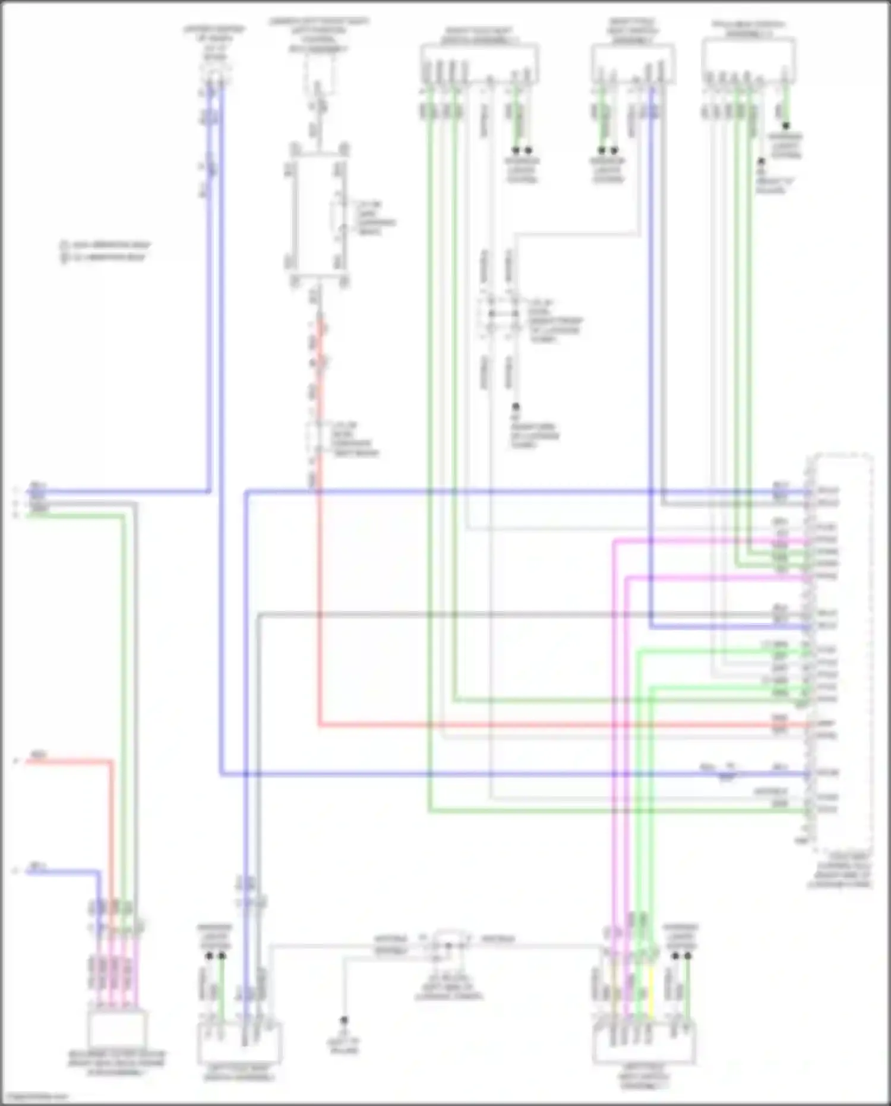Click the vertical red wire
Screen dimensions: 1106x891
point(320,594)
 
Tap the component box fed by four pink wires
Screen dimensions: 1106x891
point(117,1029)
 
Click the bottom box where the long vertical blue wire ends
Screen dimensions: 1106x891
point(239,1043)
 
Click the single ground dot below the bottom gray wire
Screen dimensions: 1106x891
point(343,1020)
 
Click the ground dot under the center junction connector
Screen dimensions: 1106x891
point(516,408)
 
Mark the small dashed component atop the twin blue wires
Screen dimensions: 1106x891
point(215,74)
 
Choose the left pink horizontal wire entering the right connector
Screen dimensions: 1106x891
point(713,541)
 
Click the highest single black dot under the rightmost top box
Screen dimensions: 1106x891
point(786,126)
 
